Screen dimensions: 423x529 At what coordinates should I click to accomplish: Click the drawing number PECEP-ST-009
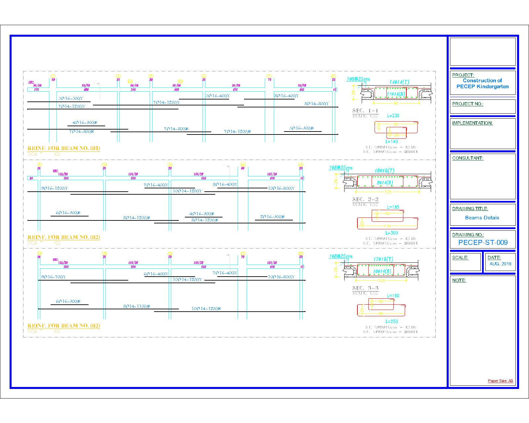pos(483,243)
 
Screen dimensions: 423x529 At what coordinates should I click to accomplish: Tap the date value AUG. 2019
pos(500,264)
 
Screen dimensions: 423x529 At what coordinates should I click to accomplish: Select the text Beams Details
pos(482,217)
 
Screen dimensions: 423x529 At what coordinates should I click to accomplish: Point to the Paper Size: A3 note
pos(500,381)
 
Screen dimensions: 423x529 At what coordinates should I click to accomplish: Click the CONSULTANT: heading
pos(468,158)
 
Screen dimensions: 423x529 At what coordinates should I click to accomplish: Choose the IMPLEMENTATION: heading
pos(472,123)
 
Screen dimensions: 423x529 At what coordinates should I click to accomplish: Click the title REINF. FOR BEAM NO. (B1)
pos(63,148)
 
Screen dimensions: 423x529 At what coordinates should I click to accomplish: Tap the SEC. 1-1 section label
pos(365,111)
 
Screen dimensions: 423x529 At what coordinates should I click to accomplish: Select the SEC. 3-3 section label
pos(365,288)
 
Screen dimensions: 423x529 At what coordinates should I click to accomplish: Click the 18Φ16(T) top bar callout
pos(384,171)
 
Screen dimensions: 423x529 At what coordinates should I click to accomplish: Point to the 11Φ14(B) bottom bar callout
pos(396,94)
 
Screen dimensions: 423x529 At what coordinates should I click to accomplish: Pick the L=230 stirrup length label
pos(393,116)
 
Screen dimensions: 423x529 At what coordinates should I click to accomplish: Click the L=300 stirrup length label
pos(391,233)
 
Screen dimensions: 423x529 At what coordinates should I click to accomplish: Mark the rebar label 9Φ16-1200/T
pos(55,188)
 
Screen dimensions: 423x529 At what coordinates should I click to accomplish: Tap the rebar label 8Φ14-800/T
pos(316,104)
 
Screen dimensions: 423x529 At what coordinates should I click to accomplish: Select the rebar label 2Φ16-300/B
pos(272,217)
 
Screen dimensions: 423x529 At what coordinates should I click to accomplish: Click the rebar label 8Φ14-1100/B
pos(137,306)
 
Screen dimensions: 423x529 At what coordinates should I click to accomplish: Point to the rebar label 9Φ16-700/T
pos(53,277)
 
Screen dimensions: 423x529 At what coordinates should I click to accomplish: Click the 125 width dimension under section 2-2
pos(387,192)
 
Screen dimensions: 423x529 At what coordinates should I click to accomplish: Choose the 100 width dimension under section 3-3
pos(381,281)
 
